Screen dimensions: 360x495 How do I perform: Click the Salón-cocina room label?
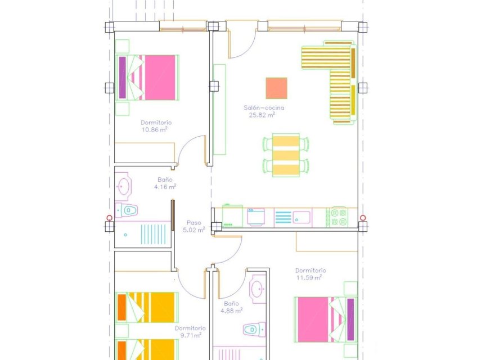tap(264, 107)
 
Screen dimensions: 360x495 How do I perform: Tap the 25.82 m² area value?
tap(262, 115)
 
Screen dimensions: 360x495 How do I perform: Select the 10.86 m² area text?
tap(155, 129)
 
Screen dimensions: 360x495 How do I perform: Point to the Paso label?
tap(193, 223)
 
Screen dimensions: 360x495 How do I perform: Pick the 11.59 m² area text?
tap(309, 277)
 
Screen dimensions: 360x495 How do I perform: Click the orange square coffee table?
tap(276, 88)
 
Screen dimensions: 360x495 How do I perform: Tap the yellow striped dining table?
tap(286, 155)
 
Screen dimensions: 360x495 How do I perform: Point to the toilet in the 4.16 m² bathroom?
tap(128, 210)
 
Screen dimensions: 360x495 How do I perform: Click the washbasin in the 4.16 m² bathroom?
tap(123, 186)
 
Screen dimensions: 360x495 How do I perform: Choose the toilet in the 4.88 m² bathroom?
tap(253, 328)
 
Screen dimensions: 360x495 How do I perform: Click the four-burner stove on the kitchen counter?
tap(340, 217)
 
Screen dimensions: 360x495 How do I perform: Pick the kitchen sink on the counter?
tap(300, 217)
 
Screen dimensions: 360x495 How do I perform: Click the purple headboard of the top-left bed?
tap(122, 77)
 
